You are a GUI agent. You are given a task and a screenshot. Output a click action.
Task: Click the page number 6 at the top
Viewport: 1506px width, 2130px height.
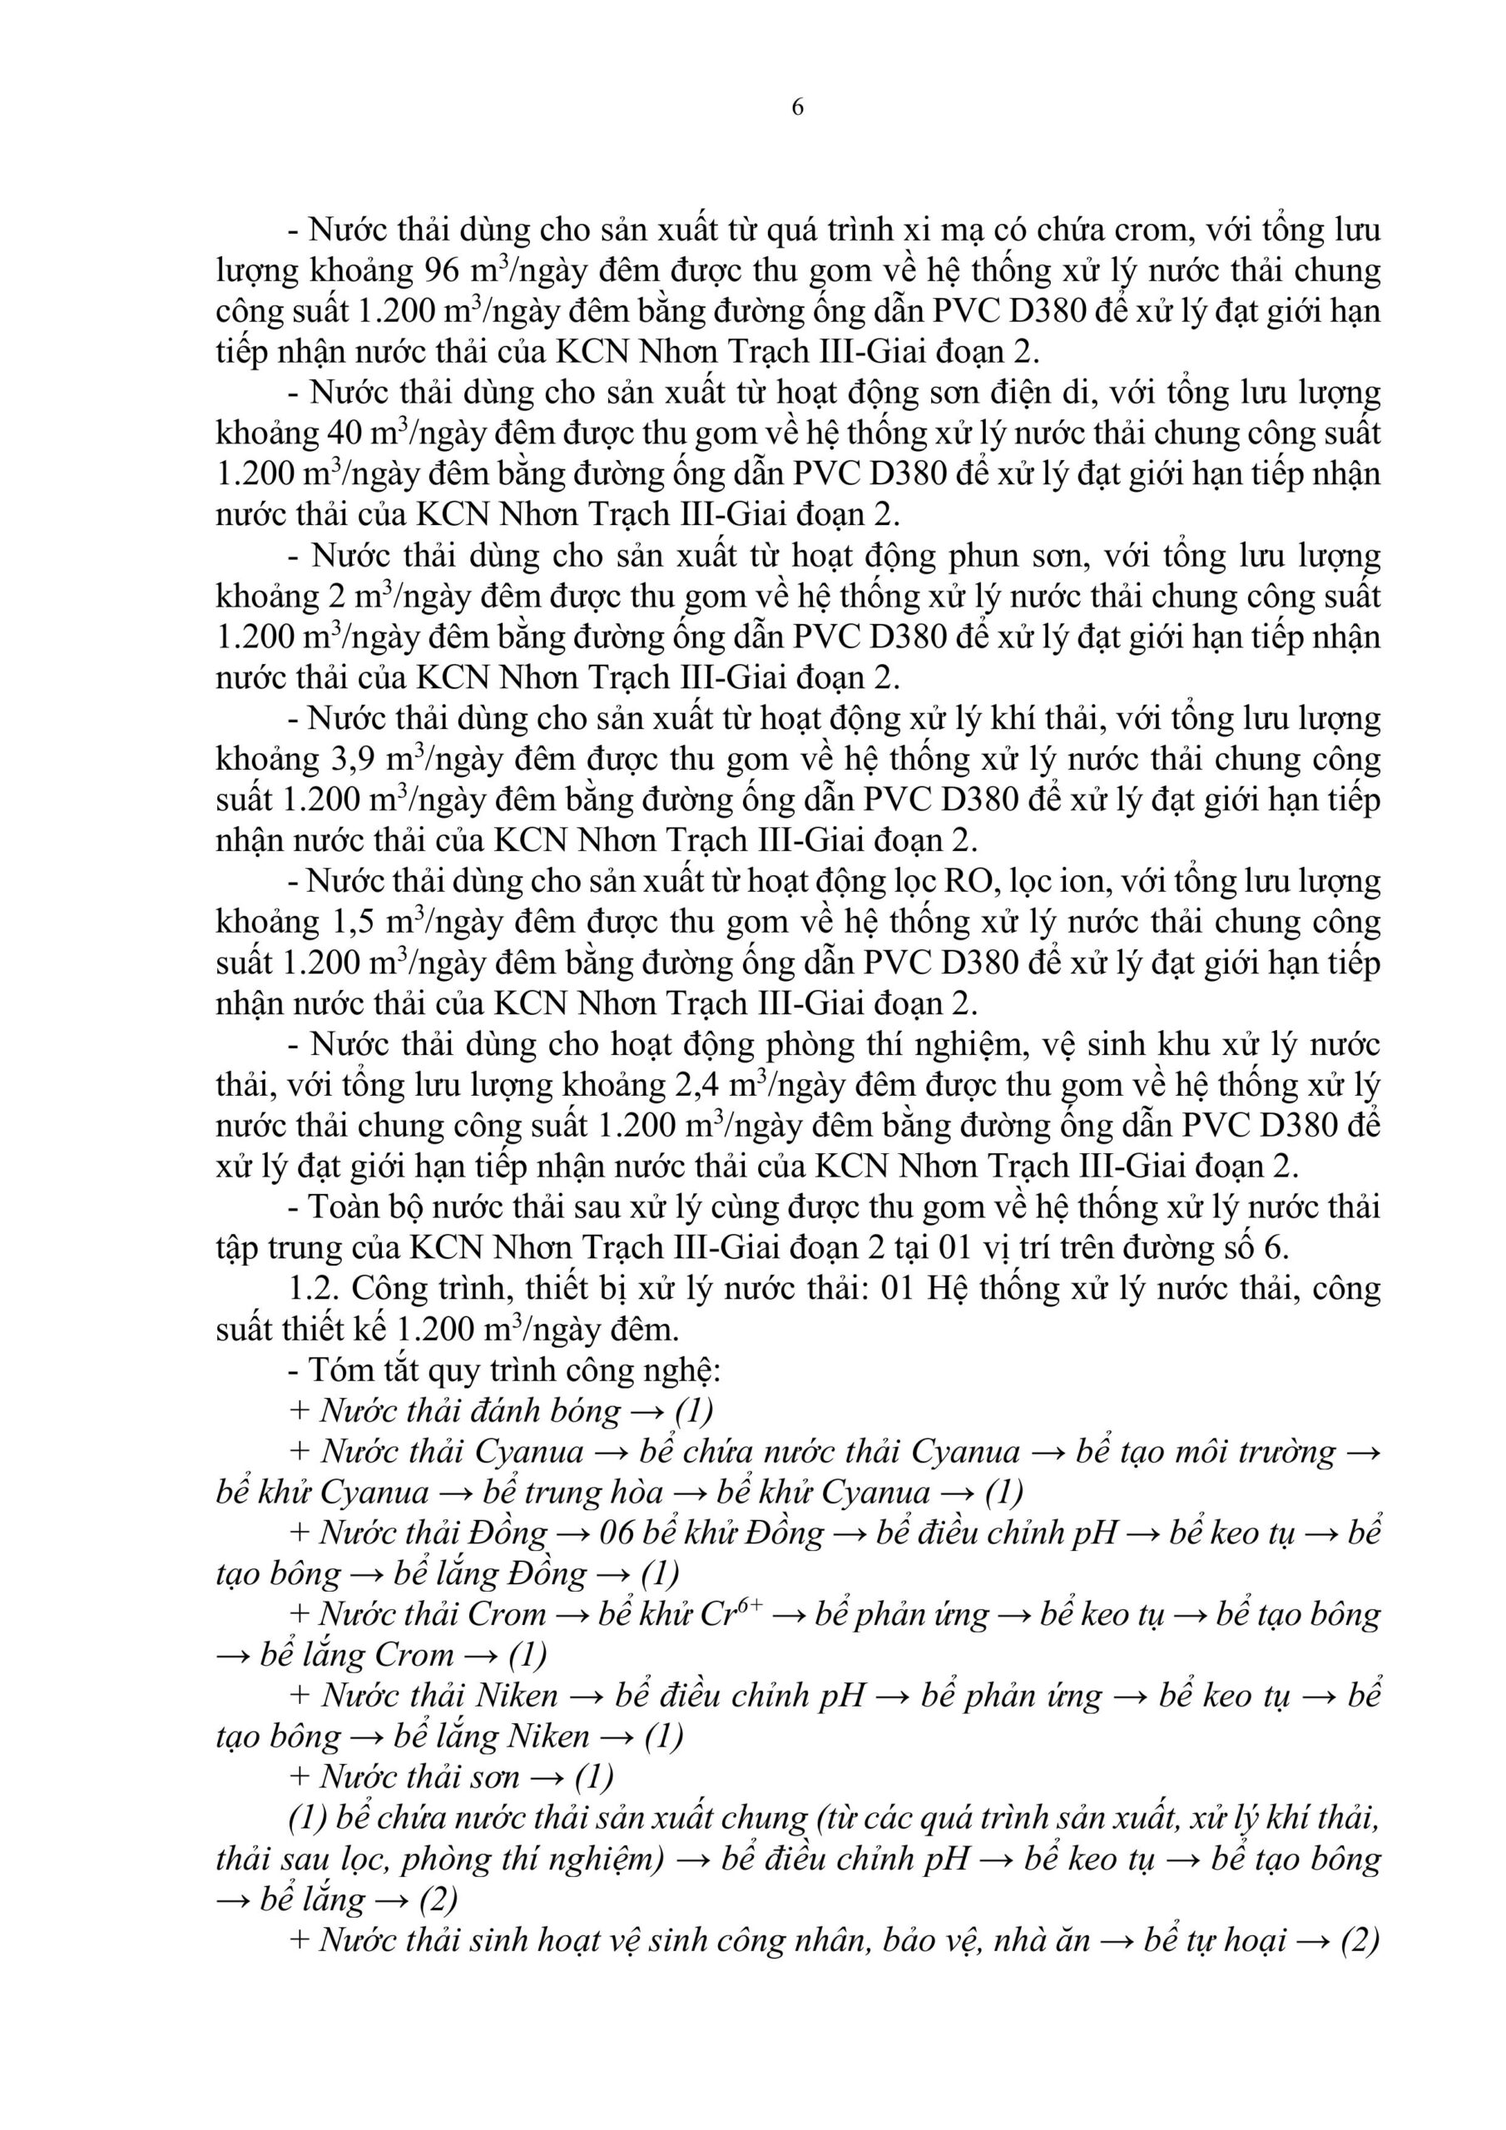pyautogui.click(x=797, y=107)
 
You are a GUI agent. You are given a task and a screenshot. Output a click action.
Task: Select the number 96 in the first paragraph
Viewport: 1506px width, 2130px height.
pyautogui.click(x=443, y=271)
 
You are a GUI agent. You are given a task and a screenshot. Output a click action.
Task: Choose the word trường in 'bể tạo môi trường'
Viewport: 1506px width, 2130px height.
pyautogui.click(x=1286, y=1452)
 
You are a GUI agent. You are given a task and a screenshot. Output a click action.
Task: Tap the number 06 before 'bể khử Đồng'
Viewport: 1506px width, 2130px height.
pyautogui.click(x=617, y=1533)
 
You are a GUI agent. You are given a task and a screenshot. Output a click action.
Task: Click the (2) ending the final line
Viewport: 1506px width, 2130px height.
pyautogui.click(x=1360, y=1939)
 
